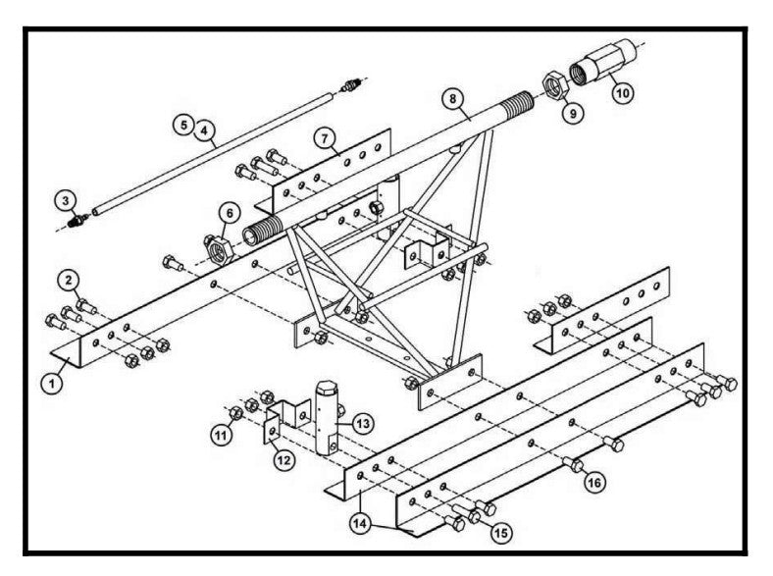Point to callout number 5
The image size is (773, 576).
click(x=182, y=125)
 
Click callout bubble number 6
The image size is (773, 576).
click(x=227, y=211)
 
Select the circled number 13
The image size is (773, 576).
click(x=362, y=423)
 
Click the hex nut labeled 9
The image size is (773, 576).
click(x=553, y=87)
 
